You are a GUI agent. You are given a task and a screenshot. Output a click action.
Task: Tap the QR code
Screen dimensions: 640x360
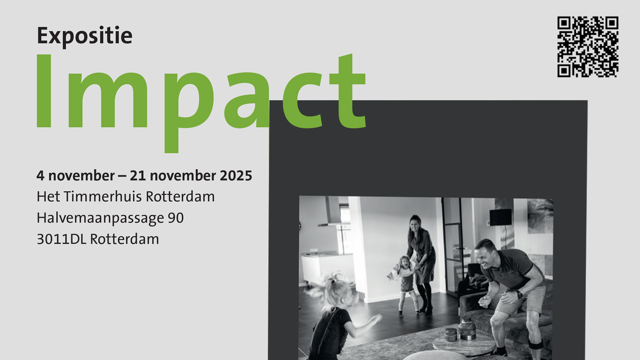pos(588,47)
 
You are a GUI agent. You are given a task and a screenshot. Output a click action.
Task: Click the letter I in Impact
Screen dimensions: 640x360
pos(44,91)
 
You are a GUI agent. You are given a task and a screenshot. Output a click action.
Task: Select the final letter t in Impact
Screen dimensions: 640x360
pos(348,91)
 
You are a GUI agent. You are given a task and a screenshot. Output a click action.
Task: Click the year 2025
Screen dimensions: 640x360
pos(236,176)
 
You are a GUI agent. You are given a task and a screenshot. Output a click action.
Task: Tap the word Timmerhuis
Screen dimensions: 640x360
pos(103,197)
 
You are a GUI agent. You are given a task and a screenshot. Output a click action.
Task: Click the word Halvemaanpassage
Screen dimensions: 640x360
pos(100,218)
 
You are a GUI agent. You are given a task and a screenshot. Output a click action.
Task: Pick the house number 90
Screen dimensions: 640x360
pos(176,218)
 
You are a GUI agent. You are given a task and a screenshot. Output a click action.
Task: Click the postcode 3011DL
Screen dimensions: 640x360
pos(61,239)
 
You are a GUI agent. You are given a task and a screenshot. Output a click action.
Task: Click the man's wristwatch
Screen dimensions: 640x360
pos(519,294)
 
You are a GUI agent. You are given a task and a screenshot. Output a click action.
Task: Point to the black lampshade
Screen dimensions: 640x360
pos(500,217)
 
